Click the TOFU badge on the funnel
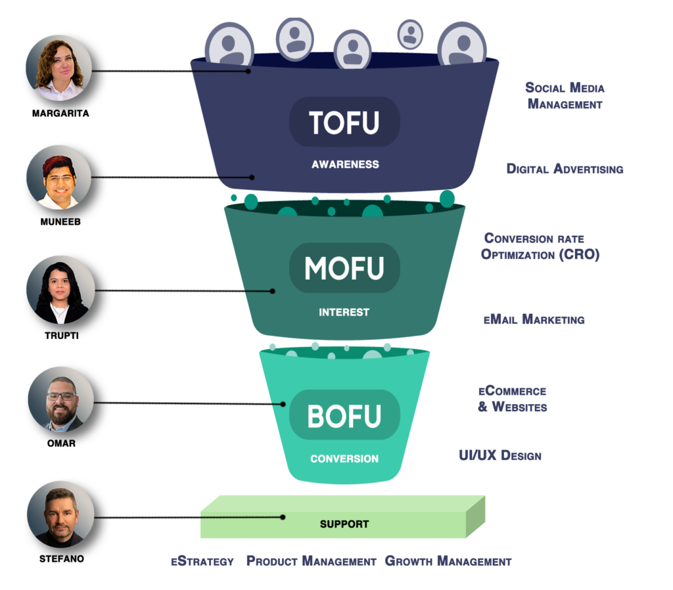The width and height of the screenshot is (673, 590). [x=344, y=122]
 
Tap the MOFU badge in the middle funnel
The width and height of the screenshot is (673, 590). [x=344, y=268]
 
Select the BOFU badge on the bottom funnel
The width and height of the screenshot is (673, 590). [x=344, y=415]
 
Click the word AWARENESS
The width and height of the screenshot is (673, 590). [x=345, y=164]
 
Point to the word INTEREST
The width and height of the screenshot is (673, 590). [x=344, y=312]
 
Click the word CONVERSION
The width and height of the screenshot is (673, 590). [x=344, y=459]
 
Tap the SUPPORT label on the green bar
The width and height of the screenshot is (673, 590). [x=344, y=524]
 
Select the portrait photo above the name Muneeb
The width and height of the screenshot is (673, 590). [x=59, y=178]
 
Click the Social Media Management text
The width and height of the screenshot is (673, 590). [x=565, y=96]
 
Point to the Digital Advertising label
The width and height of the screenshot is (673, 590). [x=565, y=169]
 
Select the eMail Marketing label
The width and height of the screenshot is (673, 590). [x=534, y=320]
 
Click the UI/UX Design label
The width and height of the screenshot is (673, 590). [x=499, y=455]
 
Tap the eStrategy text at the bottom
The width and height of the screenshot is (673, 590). [x=202, y=561]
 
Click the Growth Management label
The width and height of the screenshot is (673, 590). [x=448, y=561]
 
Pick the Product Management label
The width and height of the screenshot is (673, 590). [x=311, y=561]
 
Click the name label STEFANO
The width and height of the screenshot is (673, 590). [x=60, y=559]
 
